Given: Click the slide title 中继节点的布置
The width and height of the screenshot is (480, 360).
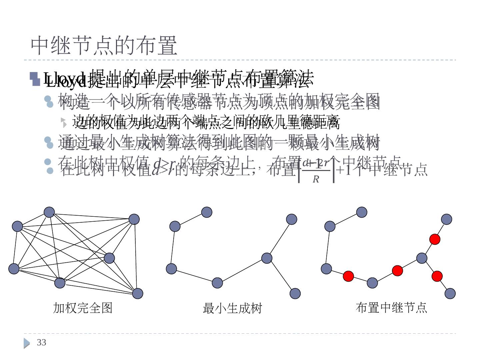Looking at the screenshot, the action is point(104,46).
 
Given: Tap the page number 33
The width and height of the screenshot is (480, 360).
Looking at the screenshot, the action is point(41,342).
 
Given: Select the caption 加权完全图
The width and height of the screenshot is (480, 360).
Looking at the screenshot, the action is point(83,308).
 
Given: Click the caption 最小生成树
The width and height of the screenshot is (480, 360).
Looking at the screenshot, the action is point(232,308).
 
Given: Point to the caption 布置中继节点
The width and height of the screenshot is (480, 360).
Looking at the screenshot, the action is point(391,307).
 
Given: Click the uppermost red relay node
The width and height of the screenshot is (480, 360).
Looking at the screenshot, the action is point(435,239).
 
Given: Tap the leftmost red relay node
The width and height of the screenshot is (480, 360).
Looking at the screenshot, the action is point(348,276).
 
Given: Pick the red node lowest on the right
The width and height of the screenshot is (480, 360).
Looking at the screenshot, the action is point(437,276).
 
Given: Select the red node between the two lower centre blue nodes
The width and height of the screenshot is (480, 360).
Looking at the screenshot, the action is point(397,270).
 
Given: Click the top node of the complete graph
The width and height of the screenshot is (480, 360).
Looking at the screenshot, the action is point(49,212).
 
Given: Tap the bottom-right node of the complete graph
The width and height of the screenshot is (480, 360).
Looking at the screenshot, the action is point(138,293).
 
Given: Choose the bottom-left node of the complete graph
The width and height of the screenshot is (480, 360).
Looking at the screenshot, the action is point(14,269).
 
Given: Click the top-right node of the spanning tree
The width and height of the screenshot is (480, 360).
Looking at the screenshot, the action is point(292,219).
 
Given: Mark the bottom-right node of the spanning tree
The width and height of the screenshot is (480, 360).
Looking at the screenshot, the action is point(295,293).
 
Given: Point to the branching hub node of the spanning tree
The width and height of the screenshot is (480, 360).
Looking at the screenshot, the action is point(267,258).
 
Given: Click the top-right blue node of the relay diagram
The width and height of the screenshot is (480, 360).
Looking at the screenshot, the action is point(447,219).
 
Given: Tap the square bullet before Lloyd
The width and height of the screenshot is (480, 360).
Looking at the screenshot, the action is point(35,79).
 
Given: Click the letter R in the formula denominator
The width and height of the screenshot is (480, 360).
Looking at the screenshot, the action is point(316,179).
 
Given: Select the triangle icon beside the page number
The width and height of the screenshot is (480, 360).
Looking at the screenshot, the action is point(27,343).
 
